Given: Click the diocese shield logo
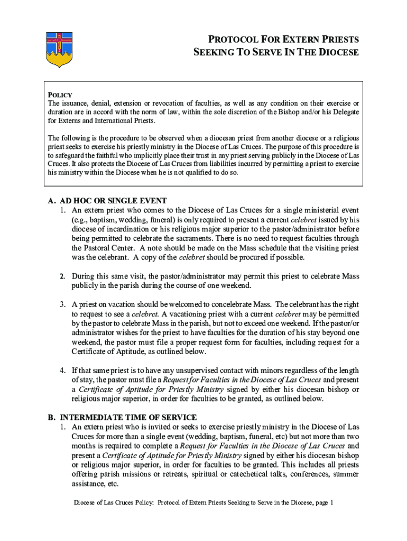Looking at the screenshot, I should [58, 49].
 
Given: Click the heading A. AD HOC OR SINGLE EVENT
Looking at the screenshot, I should [107, 201].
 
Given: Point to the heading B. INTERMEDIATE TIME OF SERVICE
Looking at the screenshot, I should [122, 417].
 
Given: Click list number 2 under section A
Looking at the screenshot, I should [62, 276].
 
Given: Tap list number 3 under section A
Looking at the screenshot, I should [62, 304].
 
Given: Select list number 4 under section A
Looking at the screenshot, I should [62, 370].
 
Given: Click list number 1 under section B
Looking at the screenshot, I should [62, 427].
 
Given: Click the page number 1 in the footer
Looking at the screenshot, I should [331, 503].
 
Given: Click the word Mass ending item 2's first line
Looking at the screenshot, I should [350, 276].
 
